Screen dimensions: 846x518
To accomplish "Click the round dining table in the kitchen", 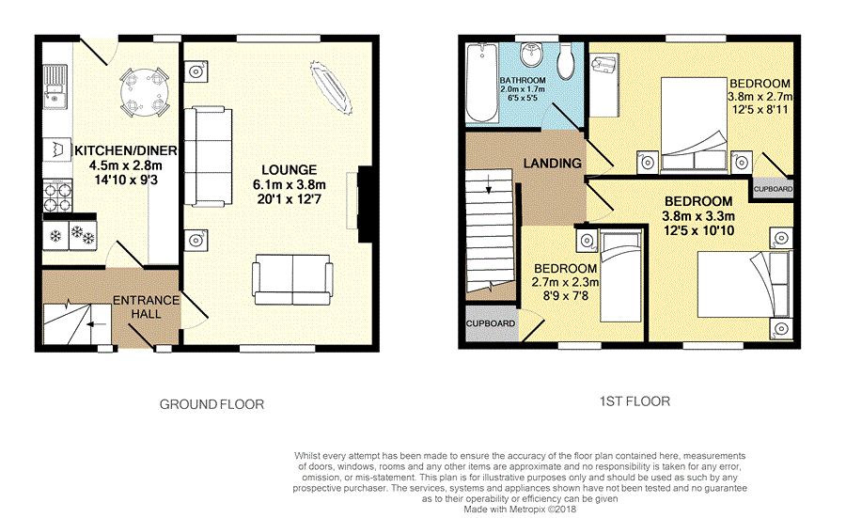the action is pos(145,92).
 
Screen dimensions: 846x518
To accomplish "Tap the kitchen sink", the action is pos(55,86).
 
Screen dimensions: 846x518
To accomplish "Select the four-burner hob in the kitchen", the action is pos(57,196).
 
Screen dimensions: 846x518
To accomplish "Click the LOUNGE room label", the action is pos(290,170).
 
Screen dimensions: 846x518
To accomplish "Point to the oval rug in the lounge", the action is pos(331,87).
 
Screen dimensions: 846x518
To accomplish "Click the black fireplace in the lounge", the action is pos(365,204).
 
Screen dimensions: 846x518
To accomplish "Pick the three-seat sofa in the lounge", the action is pos(208,156).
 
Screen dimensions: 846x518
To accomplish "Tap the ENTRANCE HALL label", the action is pos(146,307).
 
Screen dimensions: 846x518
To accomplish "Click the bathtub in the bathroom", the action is pos(482,83).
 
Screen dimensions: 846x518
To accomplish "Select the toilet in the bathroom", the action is pos(565,61).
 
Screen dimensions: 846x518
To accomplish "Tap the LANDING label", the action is pos(553,163).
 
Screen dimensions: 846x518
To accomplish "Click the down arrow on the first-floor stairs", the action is pos(489,184).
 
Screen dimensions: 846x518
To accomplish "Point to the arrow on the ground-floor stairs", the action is pos(96,324).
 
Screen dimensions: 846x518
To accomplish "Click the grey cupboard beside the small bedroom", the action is pos(491,323).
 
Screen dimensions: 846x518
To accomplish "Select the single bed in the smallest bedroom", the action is pos(621,276).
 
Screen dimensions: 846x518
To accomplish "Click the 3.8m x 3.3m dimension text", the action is pos(698,216).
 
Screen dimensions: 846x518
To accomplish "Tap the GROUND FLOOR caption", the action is pos(211,404).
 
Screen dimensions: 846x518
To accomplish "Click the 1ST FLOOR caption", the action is pos(634,401).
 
